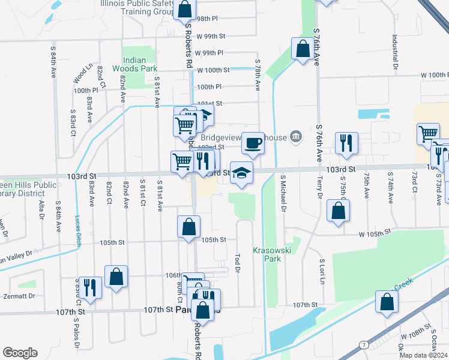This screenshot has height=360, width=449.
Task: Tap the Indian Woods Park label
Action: coord(139,64)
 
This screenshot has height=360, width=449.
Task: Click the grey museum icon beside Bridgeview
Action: coord(295,137)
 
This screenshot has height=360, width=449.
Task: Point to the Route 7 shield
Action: coord(364,345)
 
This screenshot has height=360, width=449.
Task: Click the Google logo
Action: coord(20,353)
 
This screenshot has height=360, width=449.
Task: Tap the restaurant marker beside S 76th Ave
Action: coord(346,143)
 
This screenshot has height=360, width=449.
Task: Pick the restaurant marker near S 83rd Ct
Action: coord(89,287)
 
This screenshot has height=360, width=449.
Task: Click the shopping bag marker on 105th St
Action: coord(188,227)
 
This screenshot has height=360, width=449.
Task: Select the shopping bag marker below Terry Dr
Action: coord(339,211)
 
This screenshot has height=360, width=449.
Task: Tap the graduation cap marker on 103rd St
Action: coord(241,173)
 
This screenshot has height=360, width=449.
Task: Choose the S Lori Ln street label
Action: coord(322,271)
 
